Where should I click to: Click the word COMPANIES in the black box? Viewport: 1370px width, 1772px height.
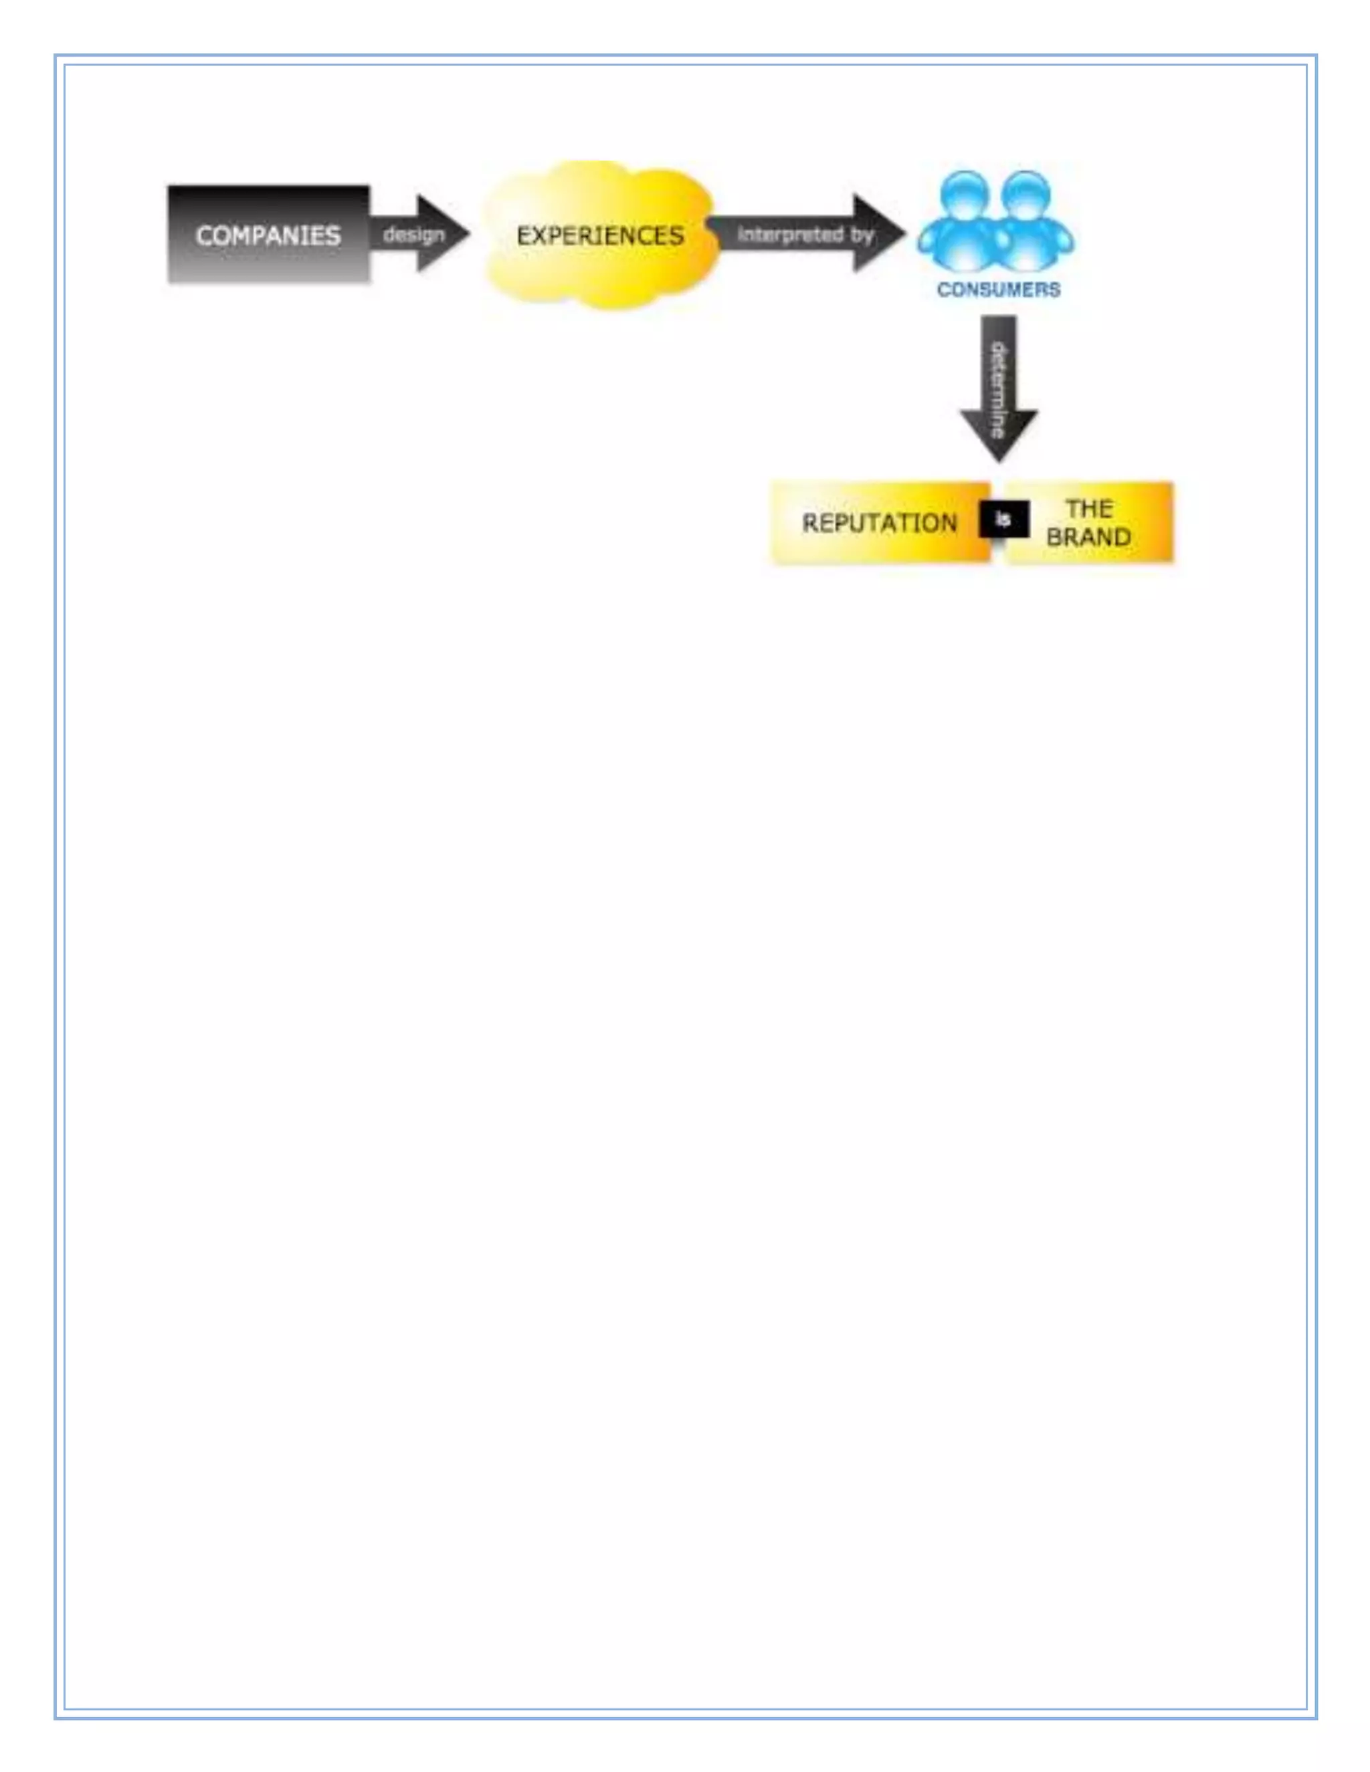(268, 236)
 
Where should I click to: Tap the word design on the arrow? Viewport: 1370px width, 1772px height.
(414, 235)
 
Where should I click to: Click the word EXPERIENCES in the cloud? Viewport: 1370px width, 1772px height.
(600, 236)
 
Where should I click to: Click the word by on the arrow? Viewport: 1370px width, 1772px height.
(861, 235)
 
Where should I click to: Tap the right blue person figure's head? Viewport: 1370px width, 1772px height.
(1026, 194)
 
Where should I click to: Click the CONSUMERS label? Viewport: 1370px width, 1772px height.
(998, 290)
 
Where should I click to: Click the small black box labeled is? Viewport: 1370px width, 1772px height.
(1004, 520)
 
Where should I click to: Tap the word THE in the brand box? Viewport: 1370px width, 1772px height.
(1089, 509)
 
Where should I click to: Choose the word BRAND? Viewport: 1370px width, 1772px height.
(1088, 537)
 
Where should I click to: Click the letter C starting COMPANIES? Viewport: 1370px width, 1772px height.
(204, 236)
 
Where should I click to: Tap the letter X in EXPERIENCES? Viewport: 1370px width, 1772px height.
(539, 236)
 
